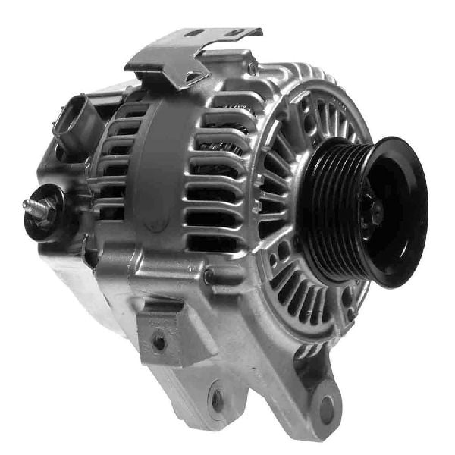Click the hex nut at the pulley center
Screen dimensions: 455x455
click(373, 213)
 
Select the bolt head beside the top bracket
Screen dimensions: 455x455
click(251, 68)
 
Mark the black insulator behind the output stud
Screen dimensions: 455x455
click(57, 209)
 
